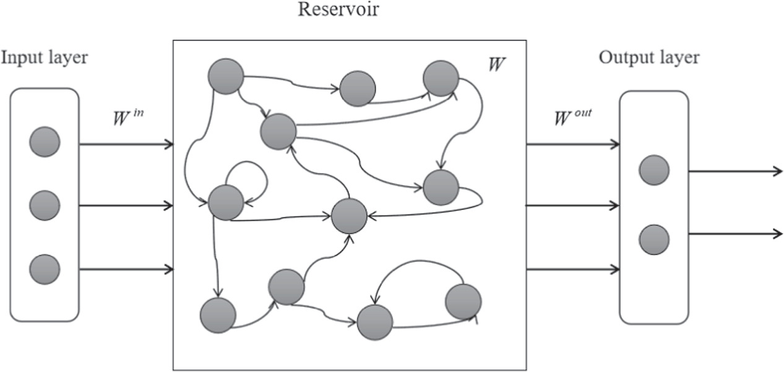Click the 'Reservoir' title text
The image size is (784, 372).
(338, 11)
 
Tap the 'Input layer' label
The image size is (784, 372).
(44, 58)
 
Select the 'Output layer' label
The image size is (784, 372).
(649, 58)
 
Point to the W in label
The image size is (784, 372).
(127, 117)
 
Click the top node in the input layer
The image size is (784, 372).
(45, 142)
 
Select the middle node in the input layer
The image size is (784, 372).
(45, 205)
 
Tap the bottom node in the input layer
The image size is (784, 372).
(45, 269)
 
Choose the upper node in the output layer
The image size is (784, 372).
(654, 170)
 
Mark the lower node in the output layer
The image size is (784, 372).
(654, 240)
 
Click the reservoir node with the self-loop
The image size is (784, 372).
(226, 202)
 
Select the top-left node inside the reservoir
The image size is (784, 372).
(225, 77)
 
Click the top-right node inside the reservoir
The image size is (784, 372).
(441, 78)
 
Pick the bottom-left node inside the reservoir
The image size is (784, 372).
(218, 315)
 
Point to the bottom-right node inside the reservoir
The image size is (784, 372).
(463, 302)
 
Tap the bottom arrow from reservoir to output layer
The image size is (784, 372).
(572, 269)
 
